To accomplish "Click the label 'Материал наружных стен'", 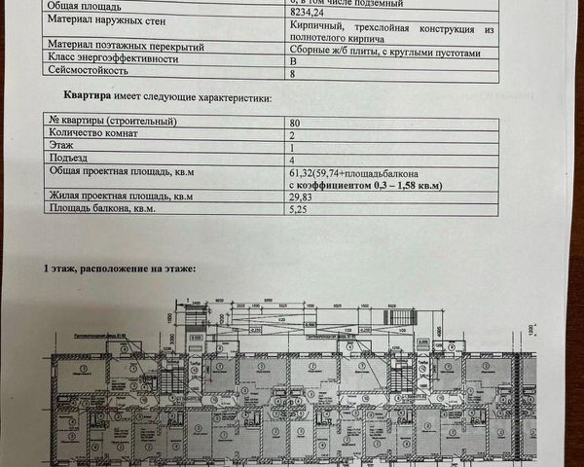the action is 101,31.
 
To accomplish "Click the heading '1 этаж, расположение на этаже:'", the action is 118,268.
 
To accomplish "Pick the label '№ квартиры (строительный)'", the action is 111,123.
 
